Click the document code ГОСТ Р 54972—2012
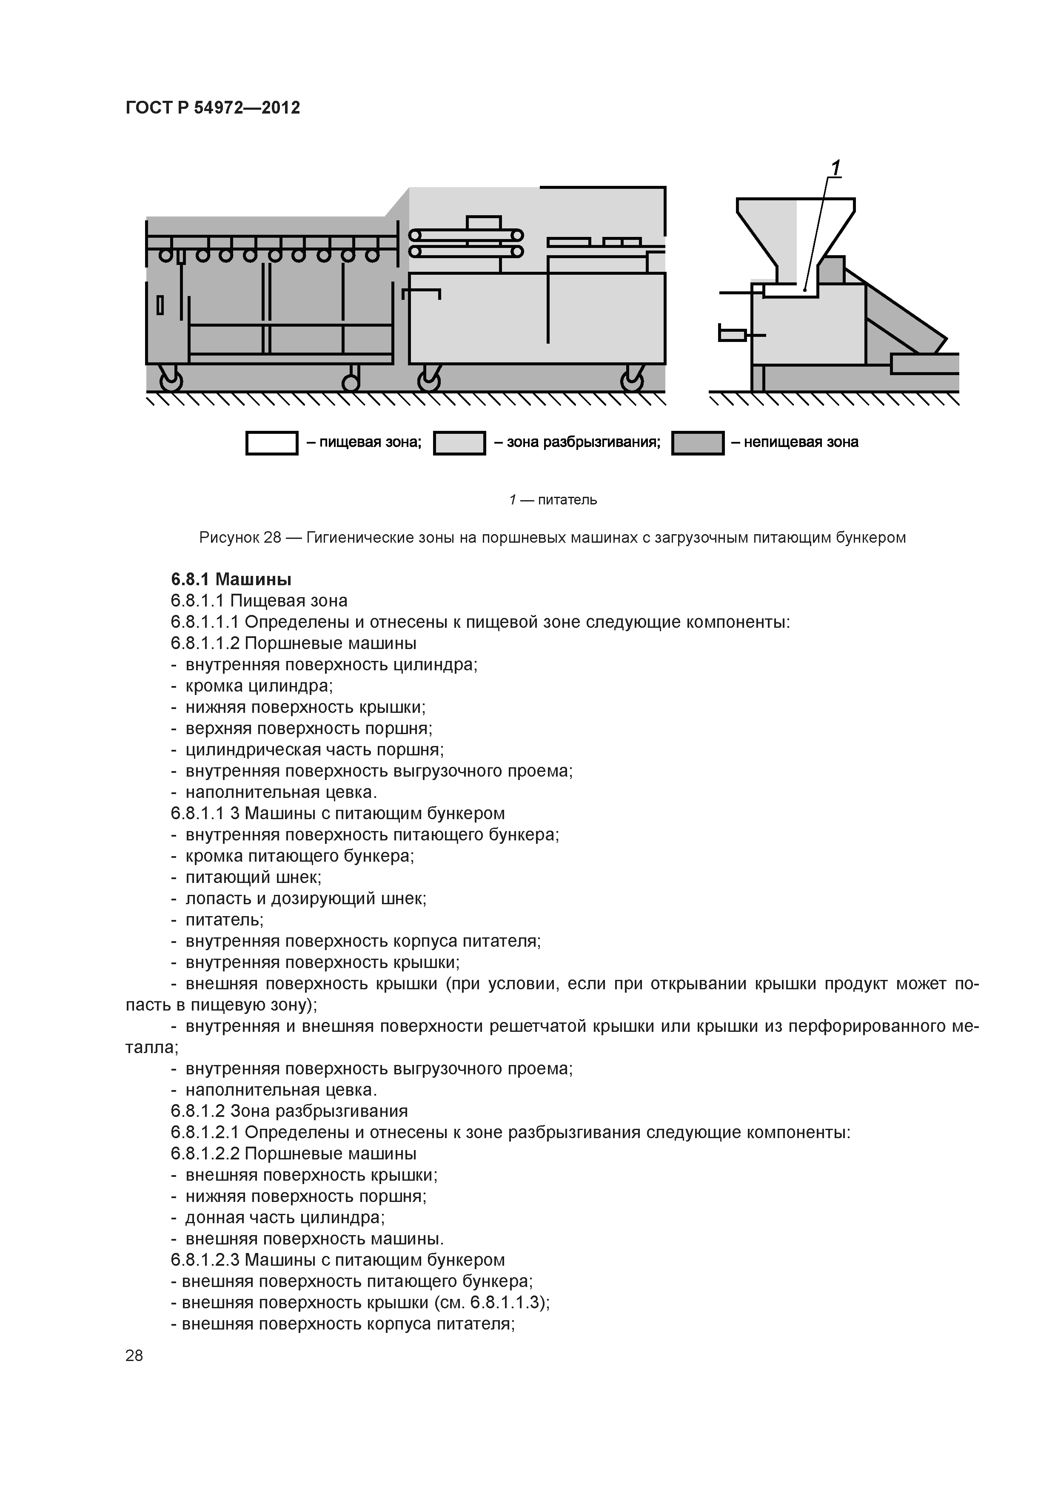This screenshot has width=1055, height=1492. (213, 108)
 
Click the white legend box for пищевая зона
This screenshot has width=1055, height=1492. (272, 443)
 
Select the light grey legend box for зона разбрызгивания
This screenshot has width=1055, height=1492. (459, 443)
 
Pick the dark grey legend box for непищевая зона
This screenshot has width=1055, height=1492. (698, 443)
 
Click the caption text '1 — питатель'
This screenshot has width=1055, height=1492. (553, 500)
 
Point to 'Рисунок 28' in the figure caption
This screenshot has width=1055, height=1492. (240, 538)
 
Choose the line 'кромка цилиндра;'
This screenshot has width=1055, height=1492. (259, 686)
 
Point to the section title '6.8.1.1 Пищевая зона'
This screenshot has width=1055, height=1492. (259, 601)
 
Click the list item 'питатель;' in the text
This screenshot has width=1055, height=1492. (224, 920)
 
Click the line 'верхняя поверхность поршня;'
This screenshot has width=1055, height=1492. (309, 729)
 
